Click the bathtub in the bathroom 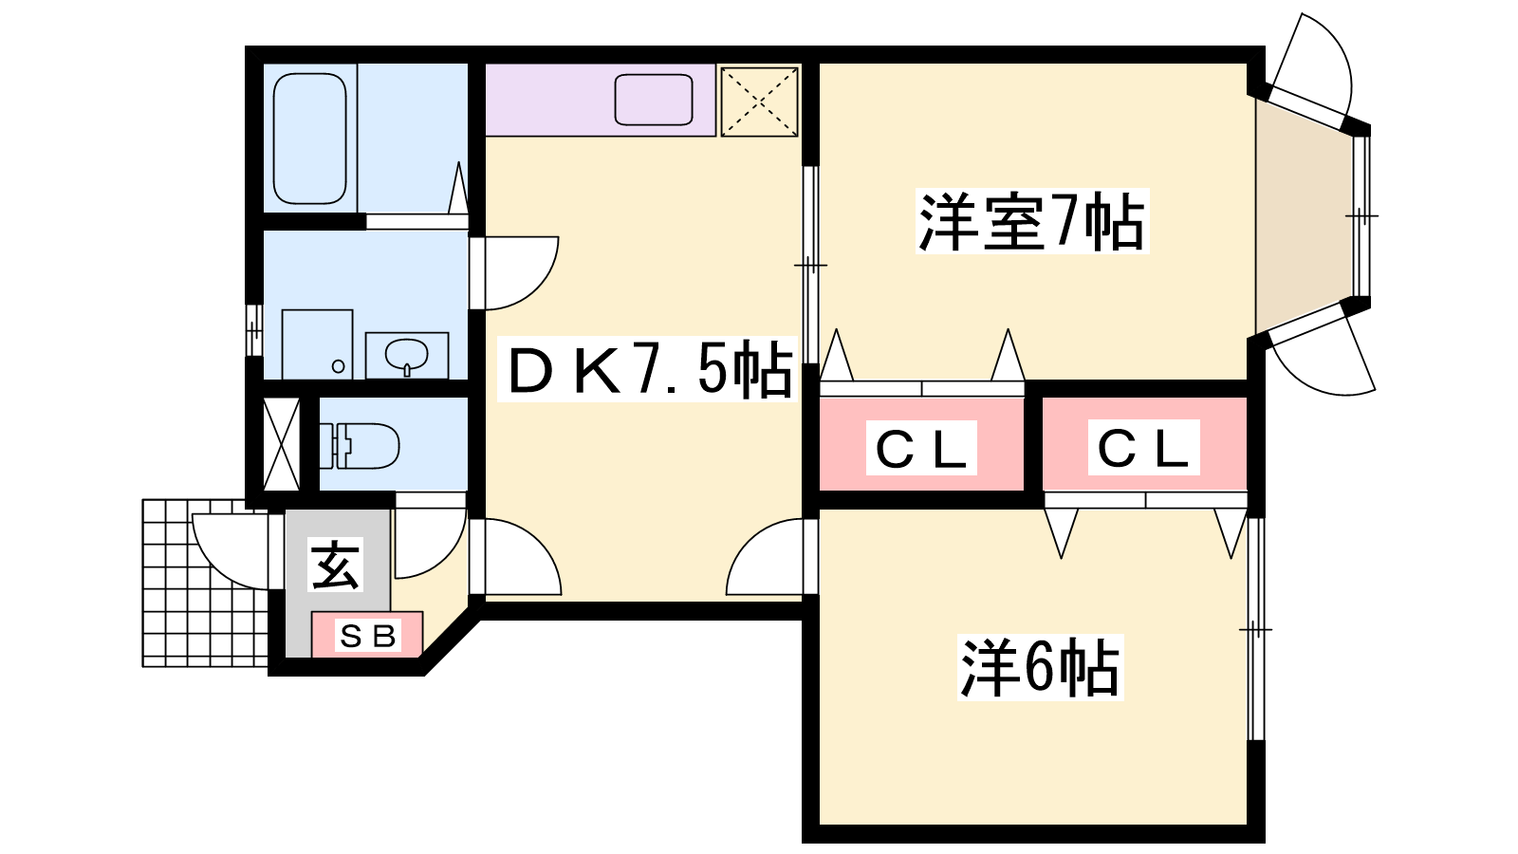click(x=309, y=139)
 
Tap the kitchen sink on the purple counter click(x=654, y=100)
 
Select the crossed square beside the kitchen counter click(x=759, y=101)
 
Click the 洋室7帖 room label click(x=1031, y=222)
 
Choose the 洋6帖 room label click(x=1040, y=668)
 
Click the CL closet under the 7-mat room click(x=921, y=446)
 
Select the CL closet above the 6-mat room click(x=1143, y=446)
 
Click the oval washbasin click(x=407, y=356)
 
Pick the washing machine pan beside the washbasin click(x=317, y=343)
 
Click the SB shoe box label click(x=367, y=635)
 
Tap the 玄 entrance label click(x=337, y=566)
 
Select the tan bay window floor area click(x=1302, y=216)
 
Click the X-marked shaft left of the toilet click(x=281, y=445)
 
